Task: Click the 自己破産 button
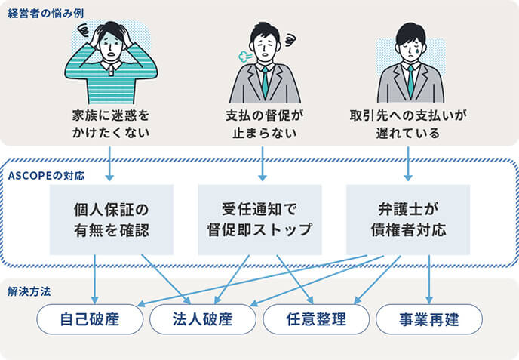pyautogui.click(x=91, y=319)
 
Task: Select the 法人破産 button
pyautogui.click(x=203, y=319)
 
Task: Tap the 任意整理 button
pyautogui.click(x=315, y=319)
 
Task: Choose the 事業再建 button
pyautogui.click(x=428, y=319)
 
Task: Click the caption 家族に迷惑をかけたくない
pyautogui.click(x=111, y=125)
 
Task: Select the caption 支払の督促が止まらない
pyautogui.click(x=261, y=125)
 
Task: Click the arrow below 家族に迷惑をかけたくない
pyautogui.click(x=111, y=162)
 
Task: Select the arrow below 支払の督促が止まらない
pyautogui.click(x=262, y=162)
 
